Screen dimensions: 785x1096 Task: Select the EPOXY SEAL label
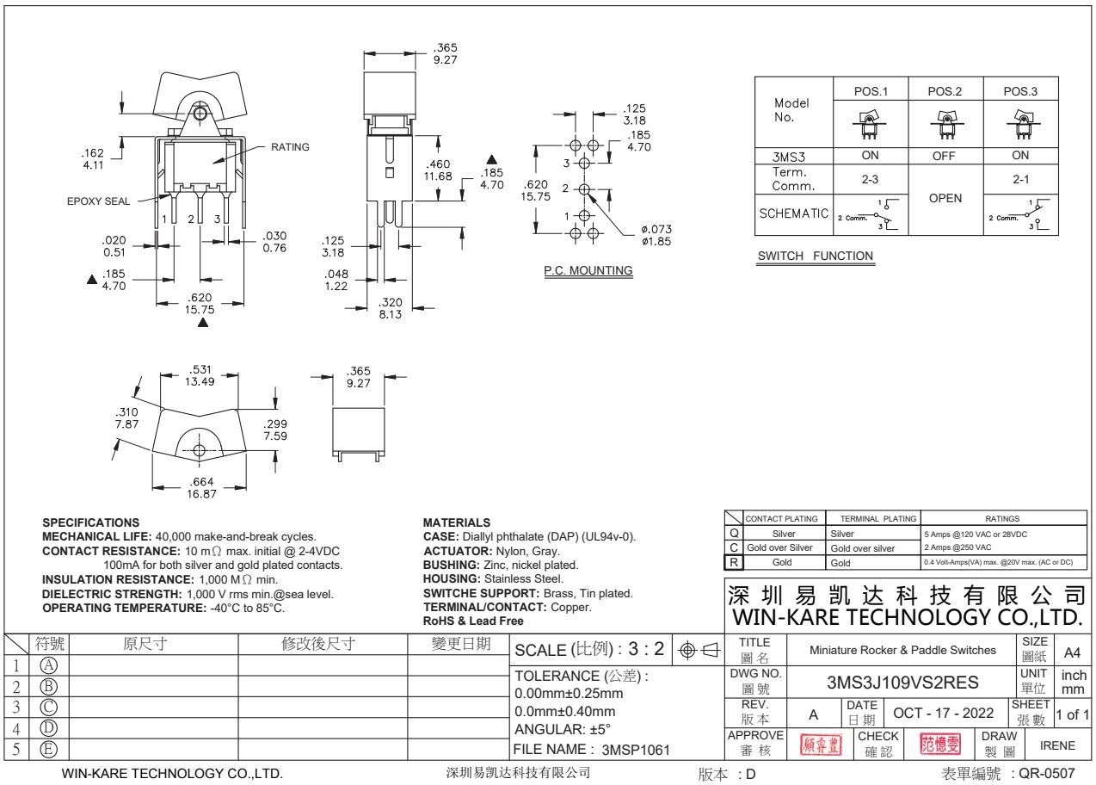(x=99, y=201)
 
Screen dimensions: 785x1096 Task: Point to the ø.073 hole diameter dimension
(x=656, y=234)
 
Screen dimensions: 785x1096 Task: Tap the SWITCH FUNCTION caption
(x=815, y=256)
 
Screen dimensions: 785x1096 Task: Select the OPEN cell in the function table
(x=945, y=197)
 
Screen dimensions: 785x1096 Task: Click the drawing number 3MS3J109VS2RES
(x=902, y=683)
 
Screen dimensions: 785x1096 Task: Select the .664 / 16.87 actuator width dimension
(x=202, y=488)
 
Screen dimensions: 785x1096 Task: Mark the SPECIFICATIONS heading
(x=90, y=522)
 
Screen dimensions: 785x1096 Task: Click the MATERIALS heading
(x=456, y=522)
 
